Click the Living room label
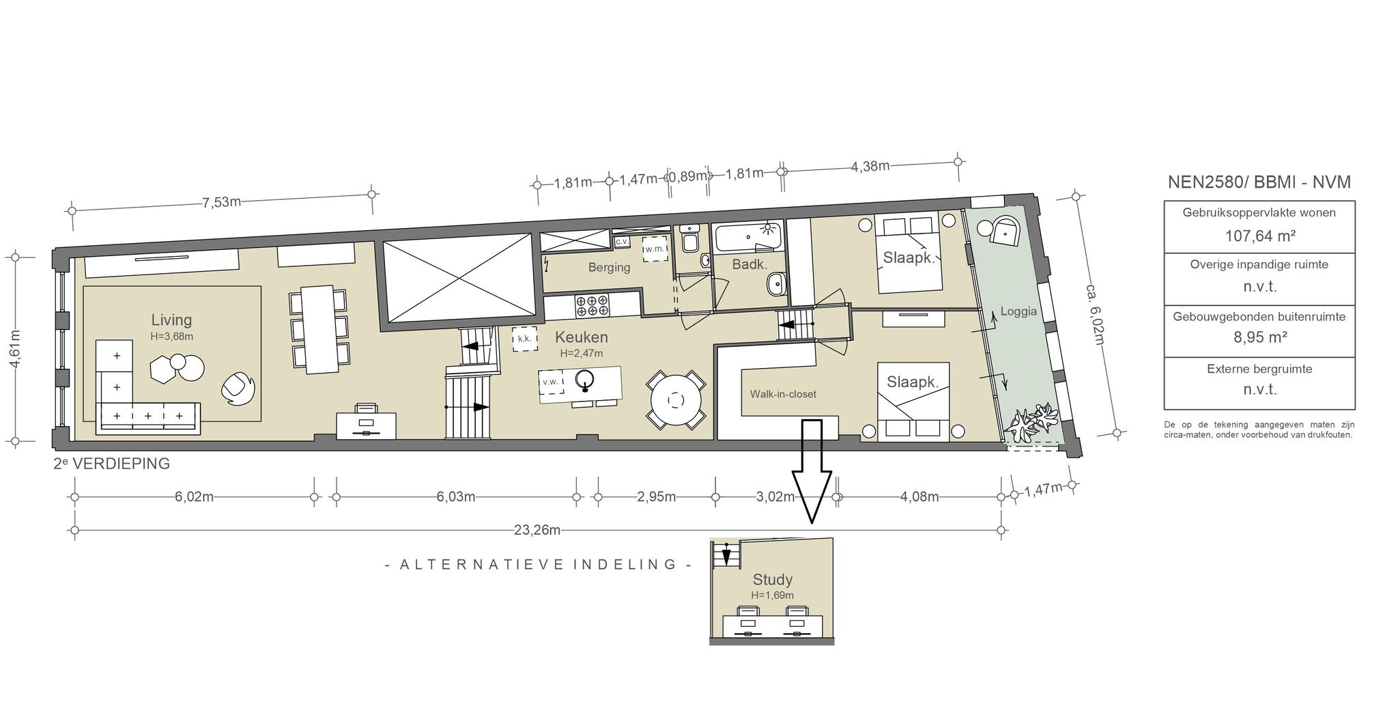point(171,320)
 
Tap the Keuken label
point(581,337)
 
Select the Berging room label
point(609,268)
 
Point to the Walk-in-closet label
point(783,394)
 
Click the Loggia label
point(1018,311)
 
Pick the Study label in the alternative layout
point(772,580)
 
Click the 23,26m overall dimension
point(537,530)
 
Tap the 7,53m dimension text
point(221,202)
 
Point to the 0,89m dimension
point(687,177)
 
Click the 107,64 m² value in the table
point(1259,236)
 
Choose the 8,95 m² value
point(1259,337)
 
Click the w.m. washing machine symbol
point(655,249)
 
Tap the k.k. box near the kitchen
point(524,339)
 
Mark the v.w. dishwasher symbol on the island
point(550,382)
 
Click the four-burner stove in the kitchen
point(592,305)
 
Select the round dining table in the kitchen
point(676,400)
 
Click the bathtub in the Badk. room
point(748,238)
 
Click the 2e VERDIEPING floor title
point(112,464)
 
